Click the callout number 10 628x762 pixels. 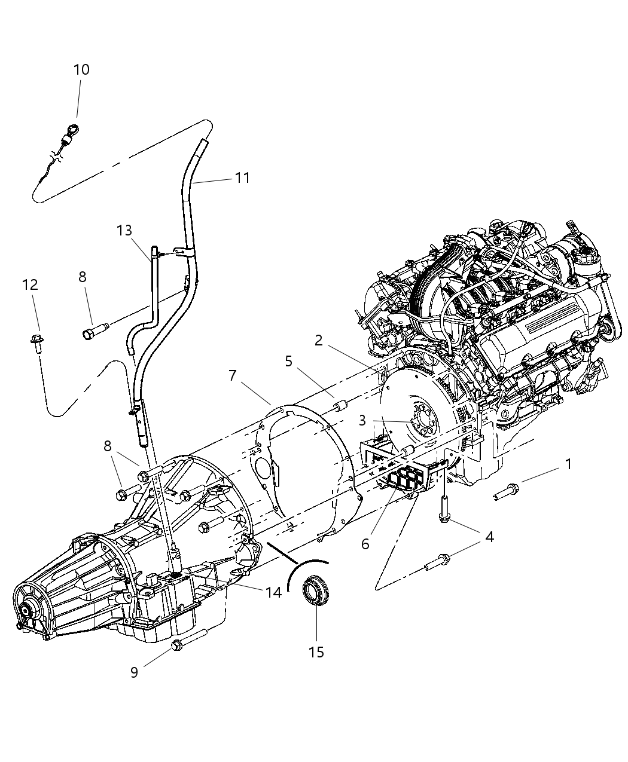(x=81, y=70)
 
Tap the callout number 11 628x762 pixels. (x=242, y=178)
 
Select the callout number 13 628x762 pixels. (x=124, y=231)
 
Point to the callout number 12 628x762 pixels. (x=31, y=285)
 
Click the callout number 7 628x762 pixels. (x=233, y=376)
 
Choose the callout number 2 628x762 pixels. (x=319, y=341)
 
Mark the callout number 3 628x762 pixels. (x=362, y=421)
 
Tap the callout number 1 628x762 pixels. (x=568, y=464)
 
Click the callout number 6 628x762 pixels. (x=365, y=544)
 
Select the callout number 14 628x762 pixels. (x=274, y=592)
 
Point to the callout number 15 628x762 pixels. (x=316, y=651)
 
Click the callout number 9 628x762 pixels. (x=135, y=672)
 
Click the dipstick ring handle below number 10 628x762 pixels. (x=74, y=128)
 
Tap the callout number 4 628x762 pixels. (x=489, y=537)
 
